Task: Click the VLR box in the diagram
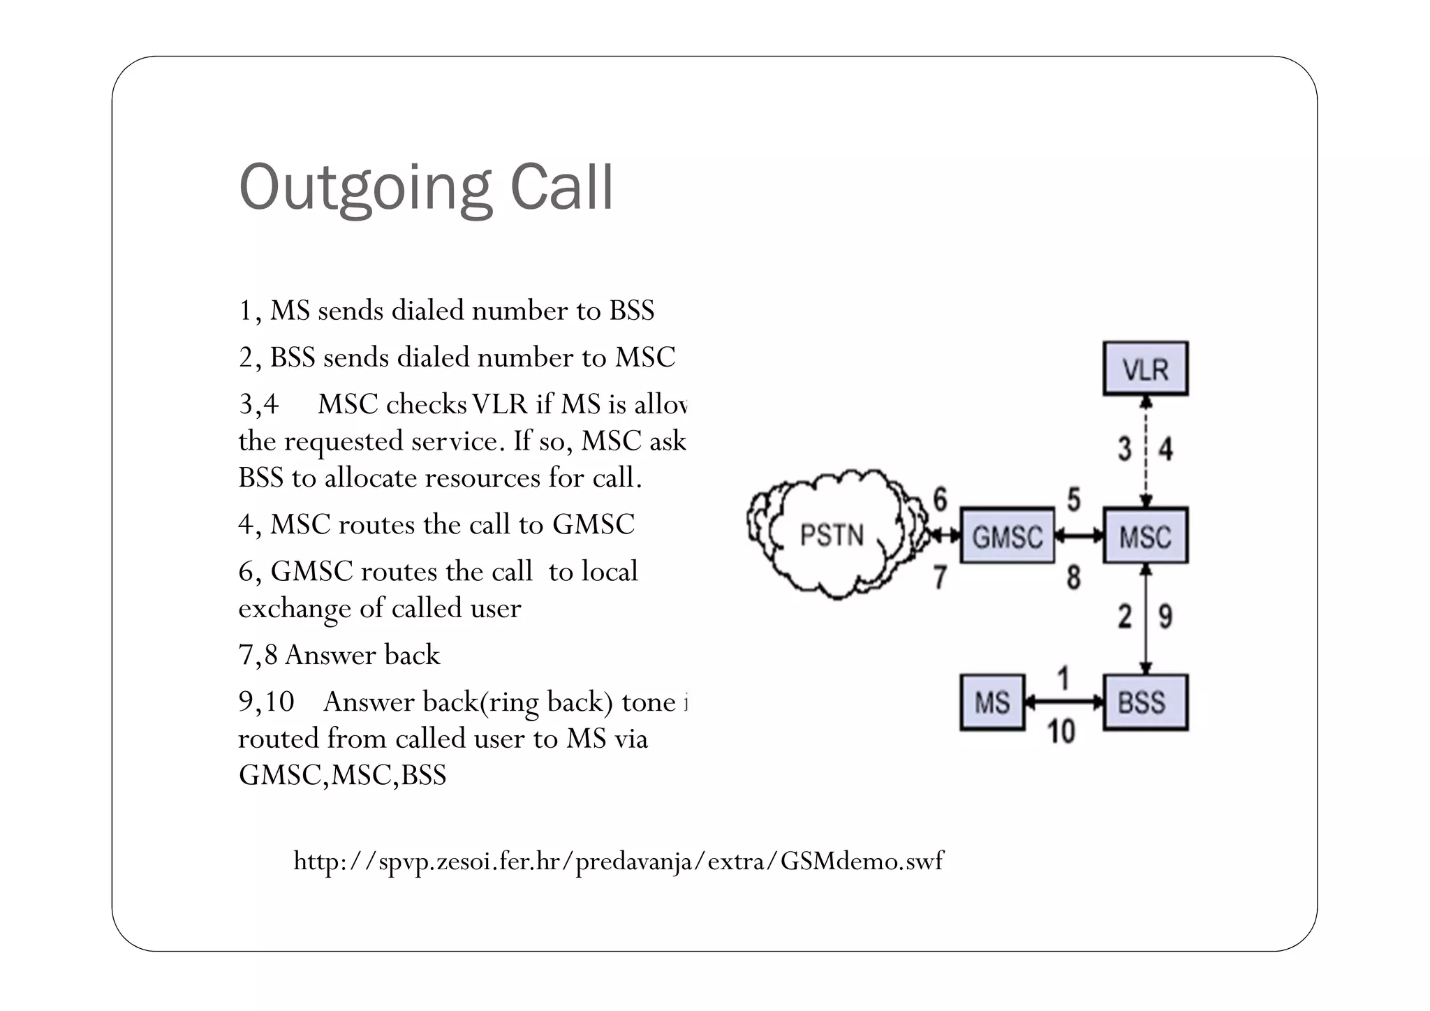click(1145, 369)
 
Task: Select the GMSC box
click(1007, 536)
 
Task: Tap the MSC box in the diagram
click(1145, 536)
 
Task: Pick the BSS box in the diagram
click(1145, 702)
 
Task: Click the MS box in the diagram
click(992, 702)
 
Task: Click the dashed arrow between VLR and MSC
click(1146, 451)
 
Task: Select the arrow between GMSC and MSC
click(1079, 536)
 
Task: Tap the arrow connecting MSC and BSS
click(1146, 619)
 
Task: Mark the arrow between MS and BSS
click(1063, 702)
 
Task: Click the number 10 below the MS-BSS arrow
click(1061, 732)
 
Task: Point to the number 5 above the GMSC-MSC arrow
click(1074, 500)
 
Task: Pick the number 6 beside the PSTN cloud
click(941, 500)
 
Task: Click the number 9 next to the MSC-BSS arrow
click(1165, 617)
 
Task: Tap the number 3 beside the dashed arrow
click(1124, 449)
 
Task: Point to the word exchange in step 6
click(294, 609)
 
